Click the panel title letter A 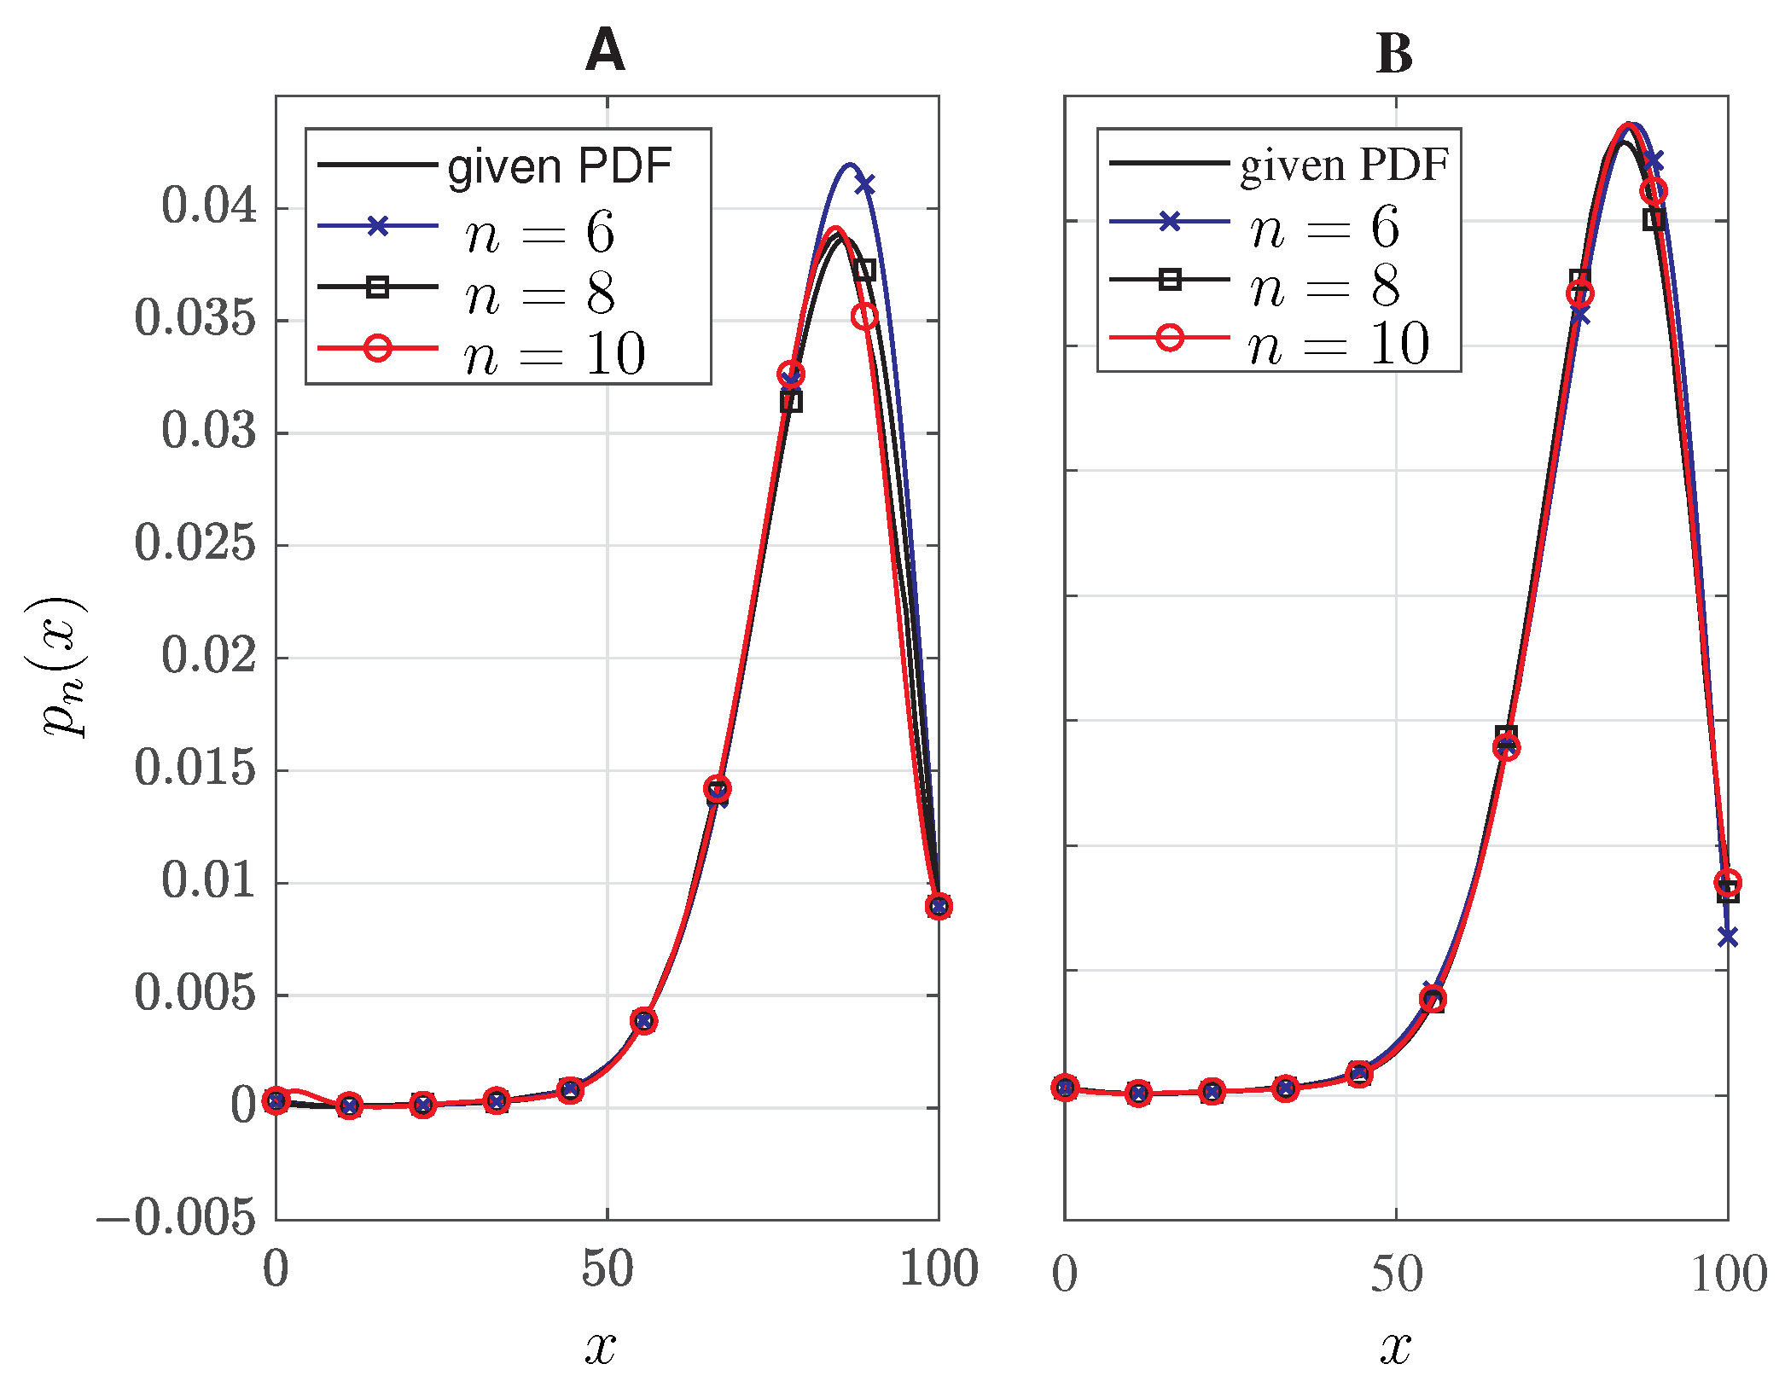click(605, 50)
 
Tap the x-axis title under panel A click(600, 1348)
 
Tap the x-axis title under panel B click(1395, 1348)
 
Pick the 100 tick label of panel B click(1728, 1275)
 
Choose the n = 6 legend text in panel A click(539, 232)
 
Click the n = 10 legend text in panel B click(1339, 345)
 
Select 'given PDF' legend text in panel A click(560, 165)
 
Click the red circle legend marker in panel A click(377, 348)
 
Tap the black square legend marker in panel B click(1170, 279)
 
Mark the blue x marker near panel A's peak click(864, 184)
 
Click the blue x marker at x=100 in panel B click(1728, 937)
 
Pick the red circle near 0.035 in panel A click(864, 316)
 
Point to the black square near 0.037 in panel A click(864, 270)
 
